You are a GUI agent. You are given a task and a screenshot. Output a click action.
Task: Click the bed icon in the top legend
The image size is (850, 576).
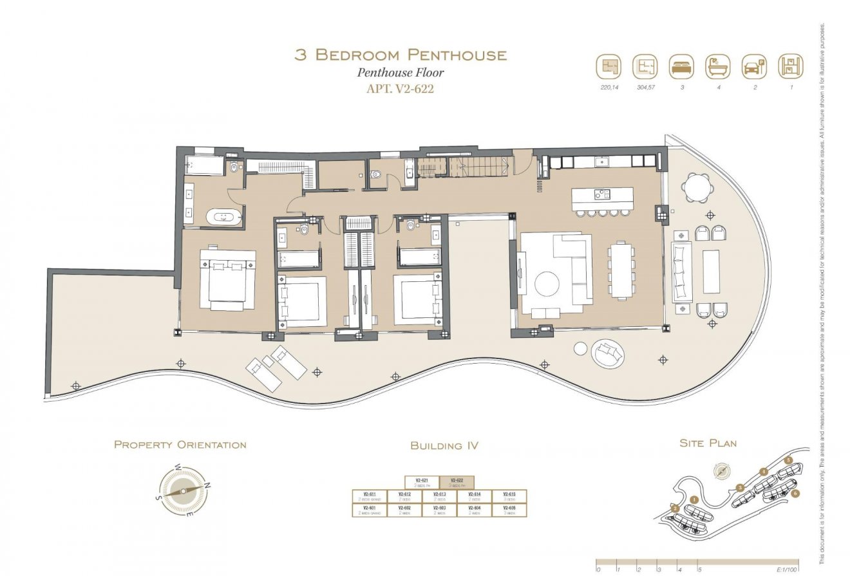(681, 66)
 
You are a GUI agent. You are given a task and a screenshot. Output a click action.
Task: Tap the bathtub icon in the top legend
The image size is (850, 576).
(718, 66)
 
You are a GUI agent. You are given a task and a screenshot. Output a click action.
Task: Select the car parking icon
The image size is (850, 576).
(754, 66)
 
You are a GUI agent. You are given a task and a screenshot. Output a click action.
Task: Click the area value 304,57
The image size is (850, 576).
(645, 87)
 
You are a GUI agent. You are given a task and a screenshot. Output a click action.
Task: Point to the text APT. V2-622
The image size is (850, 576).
(400, 89)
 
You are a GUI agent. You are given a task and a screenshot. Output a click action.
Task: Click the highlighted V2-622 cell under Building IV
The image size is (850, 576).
(457, 482)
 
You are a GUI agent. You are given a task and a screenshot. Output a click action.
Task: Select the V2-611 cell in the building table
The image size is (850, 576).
(370, 496)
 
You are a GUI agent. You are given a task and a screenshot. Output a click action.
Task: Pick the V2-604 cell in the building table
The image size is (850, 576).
(474, 510)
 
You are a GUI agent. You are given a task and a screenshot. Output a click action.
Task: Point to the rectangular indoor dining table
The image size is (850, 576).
(621, 270)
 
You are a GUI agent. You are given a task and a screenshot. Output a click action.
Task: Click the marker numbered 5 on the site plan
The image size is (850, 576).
(788, 461)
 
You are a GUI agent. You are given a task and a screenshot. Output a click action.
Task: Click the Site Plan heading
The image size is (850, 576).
(708, 443)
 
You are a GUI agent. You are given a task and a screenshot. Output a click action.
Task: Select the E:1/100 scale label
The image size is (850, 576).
(787, 570)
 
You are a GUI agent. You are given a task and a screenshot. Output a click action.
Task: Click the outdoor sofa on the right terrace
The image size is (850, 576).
(681, 272)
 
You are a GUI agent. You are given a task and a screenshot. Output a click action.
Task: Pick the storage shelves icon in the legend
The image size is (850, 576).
(790, 66)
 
